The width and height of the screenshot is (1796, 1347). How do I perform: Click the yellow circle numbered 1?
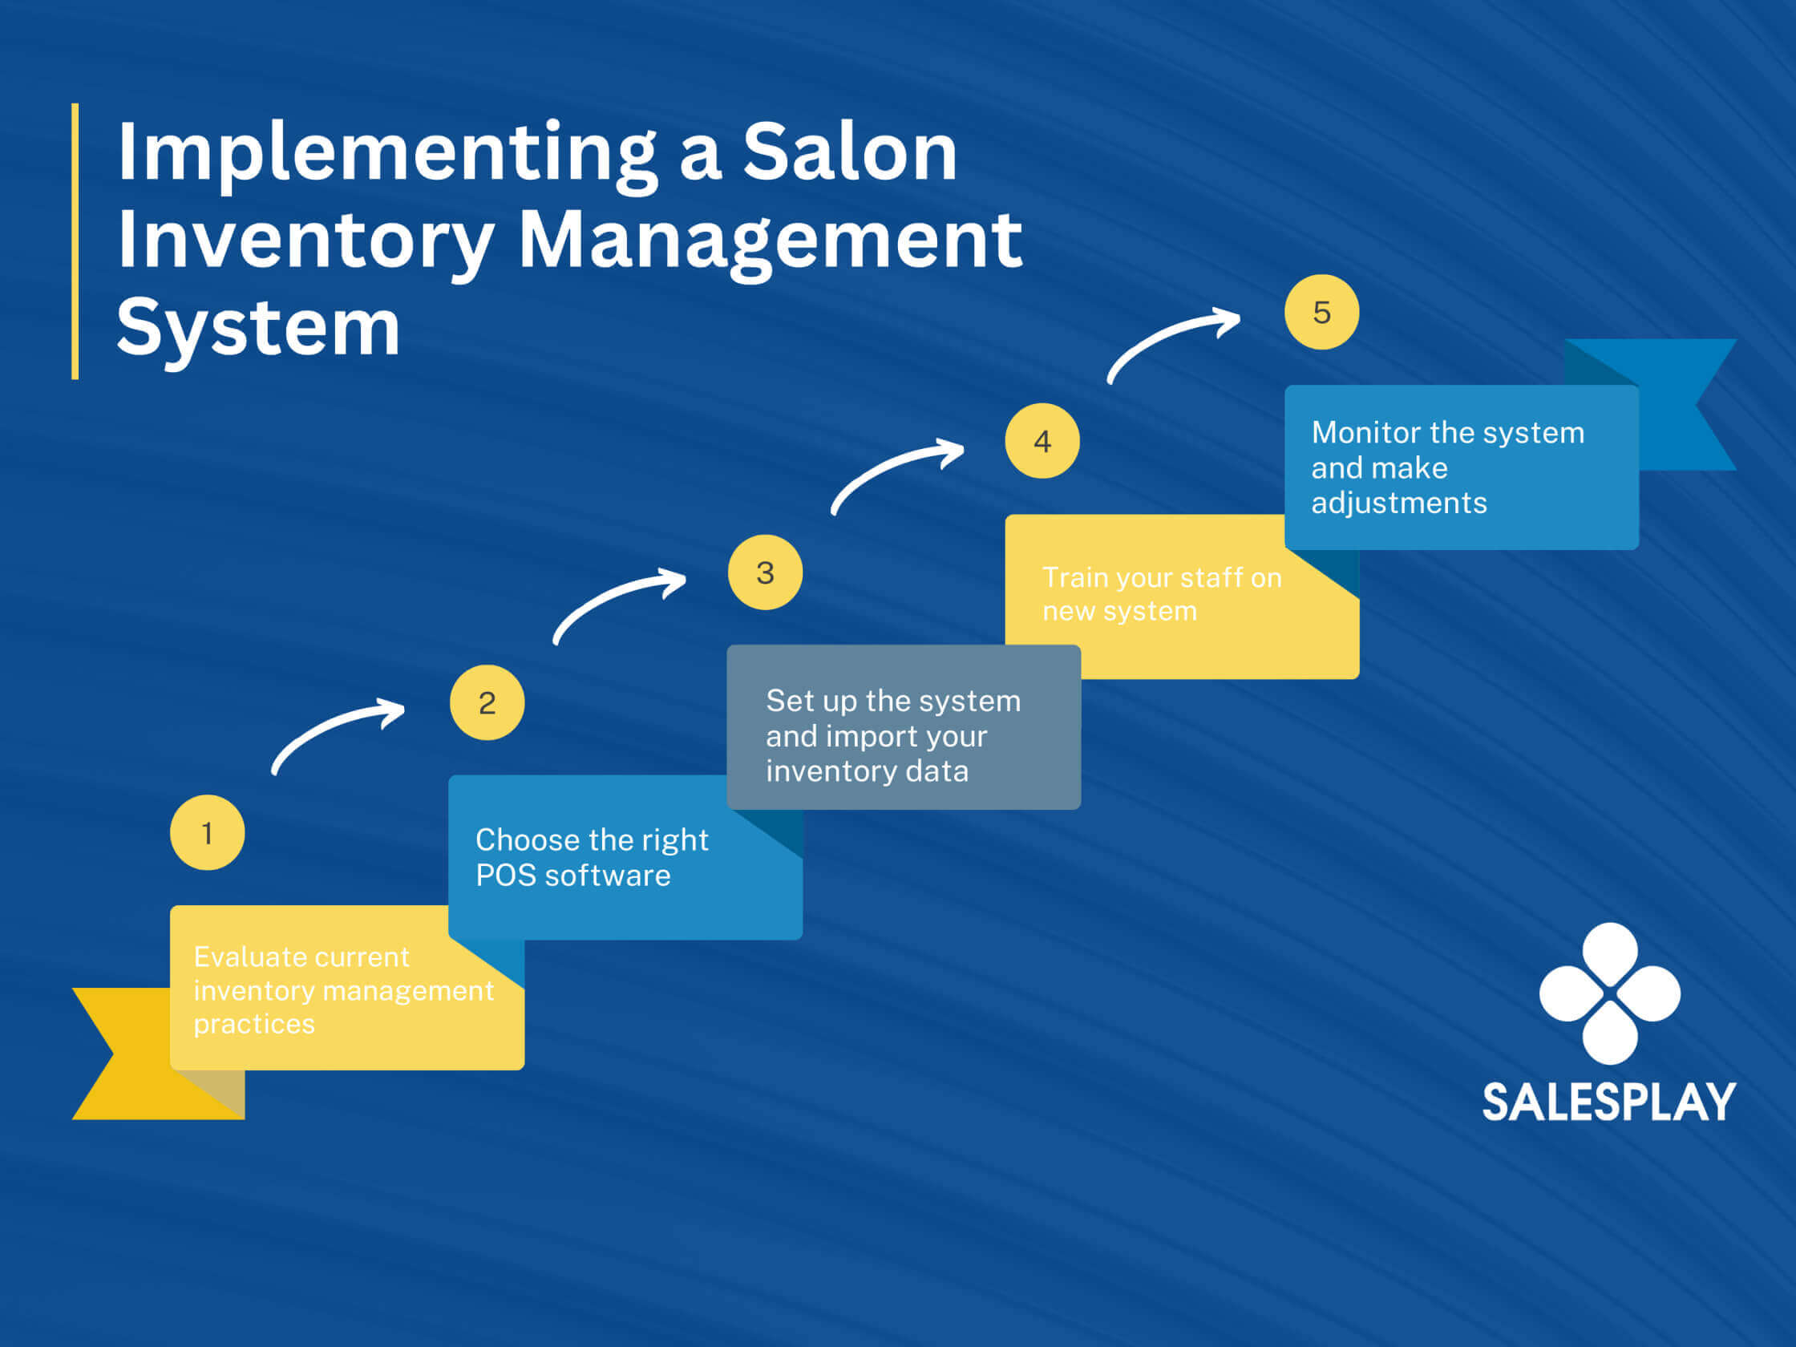[207, 832]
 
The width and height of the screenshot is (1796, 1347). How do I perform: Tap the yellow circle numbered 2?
[487, 702]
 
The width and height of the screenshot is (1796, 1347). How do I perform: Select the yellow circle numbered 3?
[765, 572]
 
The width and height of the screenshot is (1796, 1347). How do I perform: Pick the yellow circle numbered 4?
[1042, 441]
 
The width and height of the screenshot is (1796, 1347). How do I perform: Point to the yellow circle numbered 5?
[1322, 312]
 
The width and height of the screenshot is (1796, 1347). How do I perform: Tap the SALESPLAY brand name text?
[1608, 1102]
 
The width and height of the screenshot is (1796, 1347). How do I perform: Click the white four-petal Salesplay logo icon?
[1609, 993]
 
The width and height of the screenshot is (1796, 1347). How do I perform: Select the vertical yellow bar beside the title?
[75, 241]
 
